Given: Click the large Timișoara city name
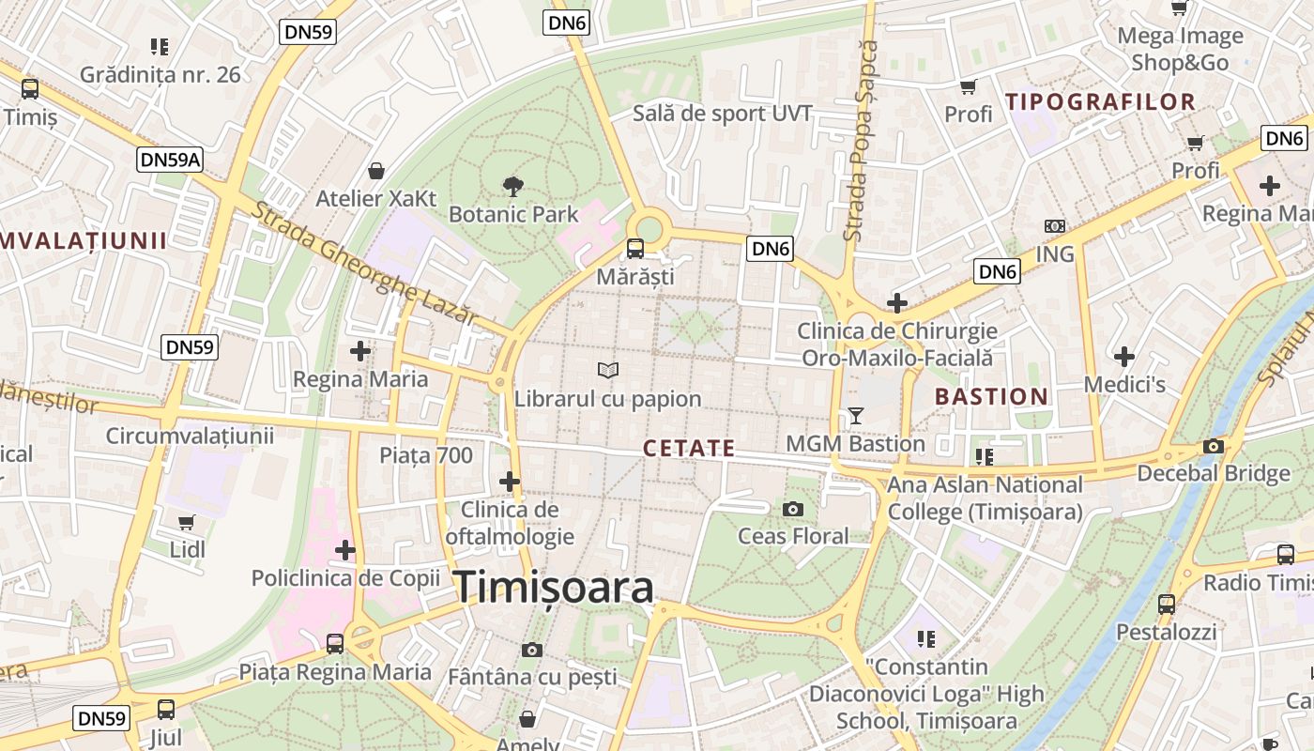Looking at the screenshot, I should [x=554, y=588].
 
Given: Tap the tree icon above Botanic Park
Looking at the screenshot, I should [x=513, y=186].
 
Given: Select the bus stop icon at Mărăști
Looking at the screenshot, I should [x=635, y=249].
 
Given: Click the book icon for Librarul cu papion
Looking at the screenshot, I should [x=608, y=371].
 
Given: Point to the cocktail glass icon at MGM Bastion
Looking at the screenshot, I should [x=855, y=415].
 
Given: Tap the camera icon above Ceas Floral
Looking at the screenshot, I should [x=793, y=509].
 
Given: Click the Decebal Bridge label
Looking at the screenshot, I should [x=1214, y=472].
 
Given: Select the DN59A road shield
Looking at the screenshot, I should [x=170, y=160].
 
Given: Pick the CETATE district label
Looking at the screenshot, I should [x=689, y=449].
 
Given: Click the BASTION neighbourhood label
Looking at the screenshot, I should [x=991, y=396].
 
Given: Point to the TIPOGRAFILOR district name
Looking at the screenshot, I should [x=1100, y=101].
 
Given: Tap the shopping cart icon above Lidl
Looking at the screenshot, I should [x=187, y=522].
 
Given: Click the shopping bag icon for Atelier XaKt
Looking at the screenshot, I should [x=376, y=171].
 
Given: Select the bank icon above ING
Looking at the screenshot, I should [x=1054, y=226].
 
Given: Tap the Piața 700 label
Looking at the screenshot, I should [x=426, y=456].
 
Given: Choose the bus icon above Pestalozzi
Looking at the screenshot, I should [x=1166, y=605].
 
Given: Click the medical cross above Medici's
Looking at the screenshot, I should [x=1124, y=357].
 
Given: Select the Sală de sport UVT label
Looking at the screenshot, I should [x=722, y=115].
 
